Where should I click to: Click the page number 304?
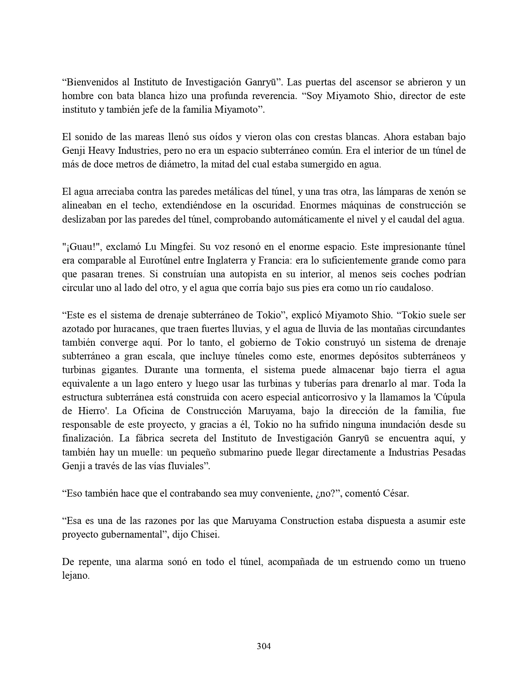(264, 646)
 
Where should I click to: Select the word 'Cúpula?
(449, 398)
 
